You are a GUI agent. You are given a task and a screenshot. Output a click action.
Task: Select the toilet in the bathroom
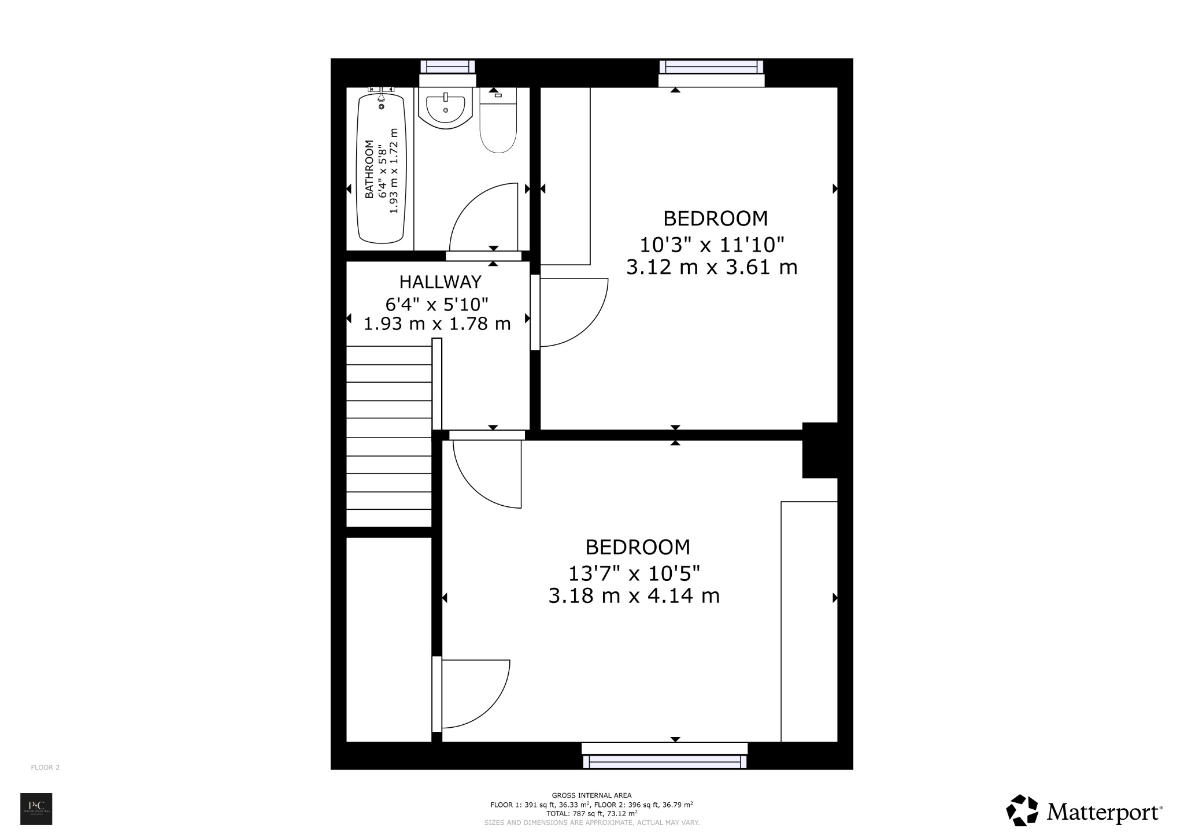(498, 127)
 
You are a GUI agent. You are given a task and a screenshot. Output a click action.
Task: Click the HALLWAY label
(440, 282)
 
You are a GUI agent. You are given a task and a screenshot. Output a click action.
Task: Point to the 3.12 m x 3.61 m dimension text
(712, 268)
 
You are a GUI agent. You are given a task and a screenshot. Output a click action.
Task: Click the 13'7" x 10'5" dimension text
(634, 574)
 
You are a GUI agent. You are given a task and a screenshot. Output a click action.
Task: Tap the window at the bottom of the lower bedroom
(665, 761)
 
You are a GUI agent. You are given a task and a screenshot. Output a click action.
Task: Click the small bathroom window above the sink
(447, 66)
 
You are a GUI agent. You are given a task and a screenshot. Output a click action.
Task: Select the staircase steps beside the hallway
(388, 436)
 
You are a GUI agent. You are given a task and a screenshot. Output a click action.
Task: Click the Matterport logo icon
(1022, 810)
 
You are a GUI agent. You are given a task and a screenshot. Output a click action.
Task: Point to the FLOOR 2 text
(45, 768)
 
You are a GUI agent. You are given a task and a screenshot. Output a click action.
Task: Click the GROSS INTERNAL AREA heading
(591, 795)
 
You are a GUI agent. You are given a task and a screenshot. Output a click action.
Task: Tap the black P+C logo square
(36, 809)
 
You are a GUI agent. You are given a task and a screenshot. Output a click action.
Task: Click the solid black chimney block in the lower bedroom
(819, 451)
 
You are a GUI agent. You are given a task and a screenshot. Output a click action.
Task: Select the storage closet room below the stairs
(388, 639)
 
